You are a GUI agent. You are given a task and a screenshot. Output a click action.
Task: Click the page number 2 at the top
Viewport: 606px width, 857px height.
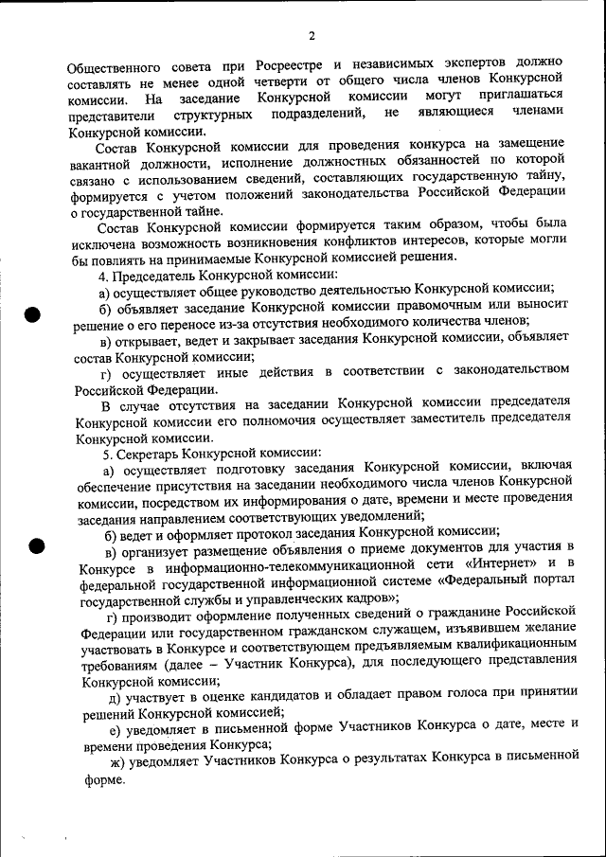[311, 36]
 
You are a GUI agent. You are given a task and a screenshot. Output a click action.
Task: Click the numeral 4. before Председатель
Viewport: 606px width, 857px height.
[104, 275]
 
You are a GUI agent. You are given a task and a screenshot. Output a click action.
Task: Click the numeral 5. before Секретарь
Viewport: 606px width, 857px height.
[108, 454]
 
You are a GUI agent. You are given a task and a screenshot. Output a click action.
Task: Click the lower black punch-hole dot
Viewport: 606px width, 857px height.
[36, 545]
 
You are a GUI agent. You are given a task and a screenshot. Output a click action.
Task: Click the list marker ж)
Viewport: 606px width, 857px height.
[117, 758]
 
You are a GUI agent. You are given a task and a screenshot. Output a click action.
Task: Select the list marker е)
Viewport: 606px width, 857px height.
[116, 726]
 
